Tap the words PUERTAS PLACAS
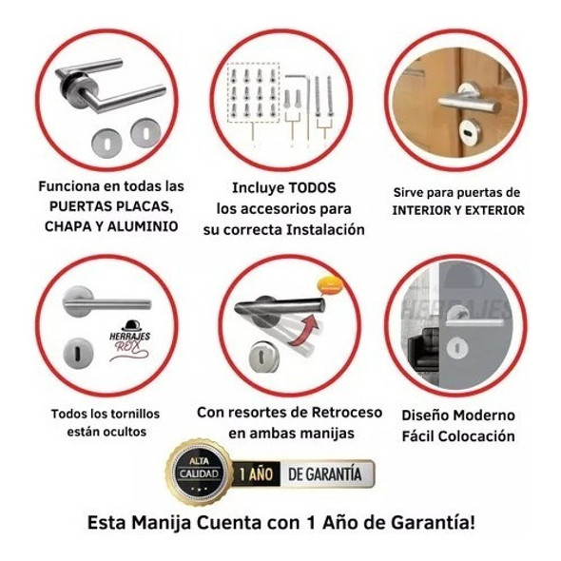(x=110, y=206)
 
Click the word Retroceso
(x=340, y=413)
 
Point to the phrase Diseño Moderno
(x=458, y=416)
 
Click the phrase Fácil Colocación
(x=458, y=436)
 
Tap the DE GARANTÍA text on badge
(x=324, y=473)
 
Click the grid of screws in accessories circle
(x=253, y=95)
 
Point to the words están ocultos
(x=105, y=434)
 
